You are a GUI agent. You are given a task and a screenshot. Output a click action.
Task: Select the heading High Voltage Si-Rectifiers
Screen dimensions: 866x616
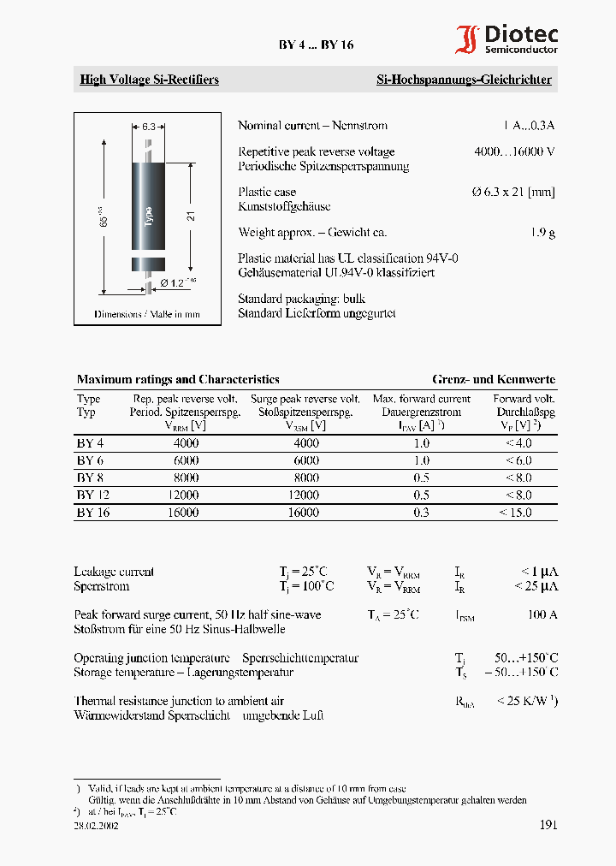point(149,80)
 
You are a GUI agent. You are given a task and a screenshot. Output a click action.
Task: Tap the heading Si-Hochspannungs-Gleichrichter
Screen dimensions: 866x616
point(464,80)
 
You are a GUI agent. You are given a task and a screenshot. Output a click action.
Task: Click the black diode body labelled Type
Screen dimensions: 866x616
point(148,206)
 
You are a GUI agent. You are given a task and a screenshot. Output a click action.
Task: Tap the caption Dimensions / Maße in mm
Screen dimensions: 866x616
point(147,314)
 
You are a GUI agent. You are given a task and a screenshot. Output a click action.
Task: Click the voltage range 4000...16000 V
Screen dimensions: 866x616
point(514,151)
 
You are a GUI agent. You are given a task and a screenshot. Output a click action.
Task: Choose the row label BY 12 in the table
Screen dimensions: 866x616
point(93,495)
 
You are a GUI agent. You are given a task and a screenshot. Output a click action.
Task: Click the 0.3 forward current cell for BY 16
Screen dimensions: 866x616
point(421,512)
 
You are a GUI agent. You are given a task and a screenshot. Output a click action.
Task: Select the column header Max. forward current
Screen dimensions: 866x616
point(421,399)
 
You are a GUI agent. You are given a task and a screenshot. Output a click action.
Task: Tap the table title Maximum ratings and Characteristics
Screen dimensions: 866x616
point(178,379)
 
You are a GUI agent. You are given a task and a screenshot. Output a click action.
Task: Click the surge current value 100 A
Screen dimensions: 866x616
point(542,614)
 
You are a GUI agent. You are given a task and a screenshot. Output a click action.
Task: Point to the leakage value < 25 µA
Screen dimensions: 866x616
point(536,586)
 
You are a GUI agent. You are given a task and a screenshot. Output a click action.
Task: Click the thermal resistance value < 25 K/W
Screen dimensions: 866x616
point(527,701)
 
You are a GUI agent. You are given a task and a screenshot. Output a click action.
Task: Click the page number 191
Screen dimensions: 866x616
point(548,825)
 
